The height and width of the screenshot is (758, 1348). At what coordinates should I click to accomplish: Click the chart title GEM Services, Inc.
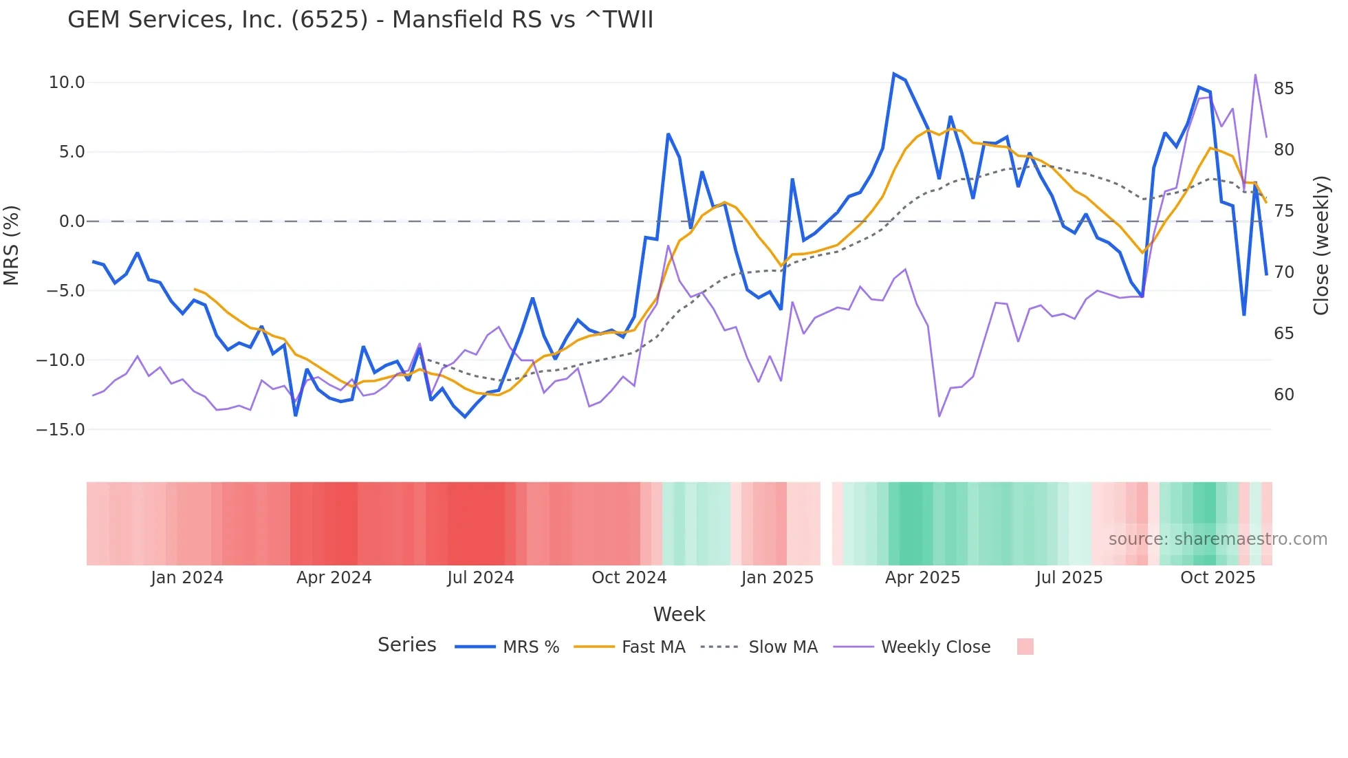(360, 20)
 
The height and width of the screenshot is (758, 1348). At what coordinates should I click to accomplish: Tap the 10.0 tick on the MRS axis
(67, 83)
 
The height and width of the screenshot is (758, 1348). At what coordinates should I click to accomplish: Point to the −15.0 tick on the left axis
(61, 430)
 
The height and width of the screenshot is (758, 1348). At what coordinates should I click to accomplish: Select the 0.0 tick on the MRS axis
(72, 221)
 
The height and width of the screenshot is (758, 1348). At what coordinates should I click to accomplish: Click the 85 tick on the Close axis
(1283, 89)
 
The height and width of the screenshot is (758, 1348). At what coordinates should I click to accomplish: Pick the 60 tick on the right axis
(1283, 395)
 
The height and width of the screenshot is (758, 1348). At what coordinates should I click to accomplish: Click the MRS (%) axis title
(12, 245)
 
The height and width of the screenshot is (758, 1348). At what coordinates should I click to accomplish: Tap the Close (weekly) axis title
(1320, 245)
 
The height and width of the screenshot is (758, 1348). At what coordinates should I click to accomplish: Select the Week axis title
(679, 614)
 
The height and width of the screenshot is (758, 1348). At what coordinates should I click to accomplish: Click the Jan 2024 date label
(187, 578)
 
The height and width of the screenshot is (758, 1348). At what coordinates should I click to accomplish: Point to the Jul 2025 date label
(1069, 578)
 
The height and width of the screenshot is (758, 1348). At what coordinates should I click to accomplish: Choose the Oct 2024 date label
(629, 578)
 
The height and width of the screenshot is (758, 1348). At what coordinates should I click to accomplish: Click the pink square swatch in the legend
(1025, 647)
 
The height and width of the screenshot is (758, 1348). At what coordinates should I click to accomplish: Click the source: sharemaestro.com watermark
(1217, 539)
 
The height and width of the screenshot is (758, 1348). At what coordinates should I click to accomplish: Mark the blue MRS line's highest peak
(893, 74)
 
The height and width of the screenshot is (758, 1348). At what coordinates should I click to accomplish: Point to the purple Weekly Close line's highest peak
(1255, 74)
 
